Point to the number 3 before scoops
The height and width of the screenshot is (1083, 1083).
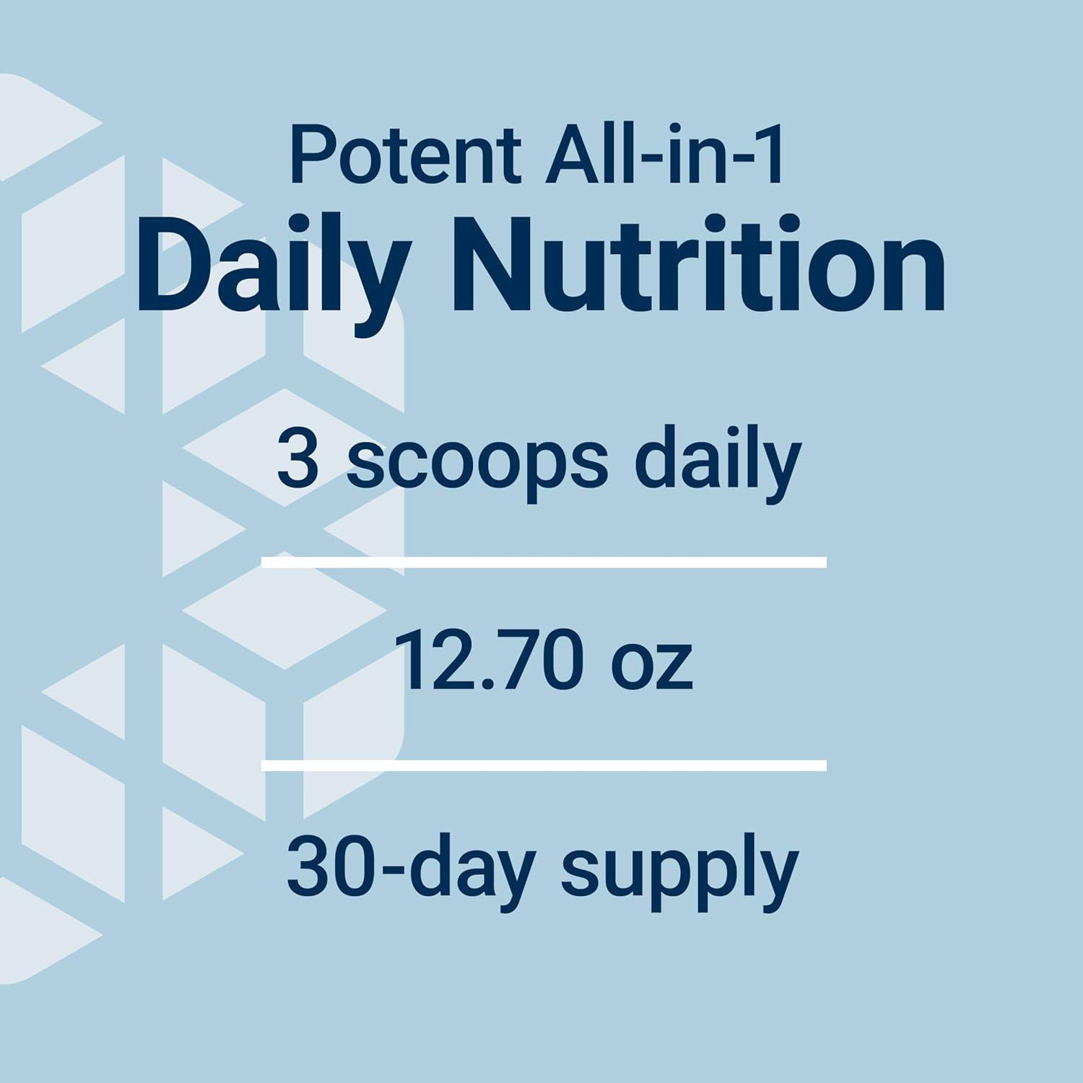(x=297, y=459)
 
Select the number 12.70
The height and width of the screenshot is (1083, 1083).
(x=490, y=661)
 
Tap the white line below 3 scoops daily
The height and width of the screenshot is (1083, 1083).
(x=544, y=562)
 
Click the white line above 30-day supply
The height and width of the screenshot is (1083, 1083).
(x=544, y=765)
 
